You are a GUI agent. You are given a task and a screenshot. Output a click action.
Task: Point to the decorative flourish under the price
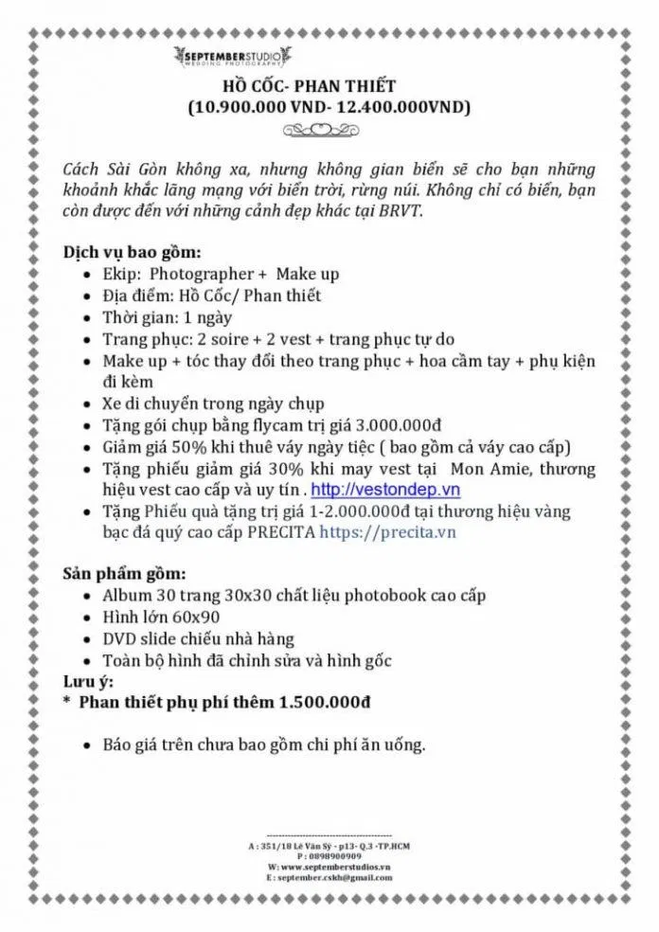tap(329, 130)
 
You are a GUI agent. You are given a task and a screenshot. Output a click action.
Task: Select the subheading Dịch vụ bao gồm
tap(132, 253)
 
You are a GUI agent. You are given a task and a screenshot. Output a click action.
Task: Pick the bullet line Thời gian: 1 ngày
tap(167, 317)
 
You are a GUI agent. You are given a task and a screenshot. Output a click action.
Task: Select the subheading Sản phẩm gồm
tap(124, 574)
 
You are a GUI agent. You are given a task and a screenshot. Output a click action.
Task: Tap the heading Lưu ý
tap(87, 682)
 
